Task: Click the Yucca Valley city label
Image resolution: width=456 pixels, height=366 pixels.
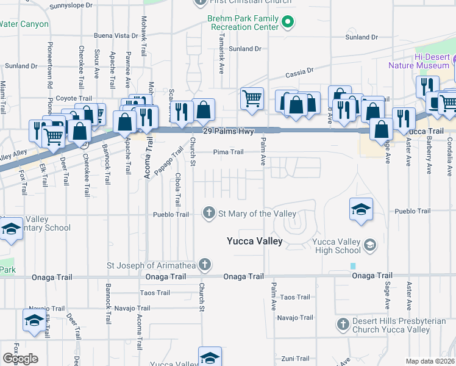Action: click(x=254, y=241)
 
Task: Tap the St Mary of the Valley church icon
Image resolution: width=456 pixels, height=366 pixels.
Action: click(x=208, y=213)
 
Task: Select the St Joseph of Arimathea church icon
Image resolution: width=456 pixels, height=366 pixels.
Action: click(x=205, y=265)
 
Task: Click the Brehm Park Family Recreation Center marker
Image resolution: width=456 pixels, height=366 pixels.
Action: click(x=288, y=23)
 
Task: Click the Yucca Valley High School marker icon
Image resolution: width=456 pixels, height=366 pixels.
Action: click(x=369, y=245)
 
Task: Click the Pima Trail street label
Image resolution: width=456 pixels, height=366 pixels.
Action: click(x=228, y=152)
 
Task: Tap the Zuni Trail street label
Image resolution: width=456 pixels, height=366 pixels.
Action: click(x=295, y=358)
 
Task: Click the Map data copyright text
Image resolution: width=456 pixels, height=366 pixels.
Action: click(x=430, y=361)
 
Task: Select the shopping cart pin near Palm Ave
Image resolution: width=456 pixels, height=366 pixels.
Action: click(x=252, y=98)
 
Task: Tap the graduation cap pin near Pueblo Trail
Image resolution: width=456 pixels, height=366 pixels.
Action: click(x=361, y=209)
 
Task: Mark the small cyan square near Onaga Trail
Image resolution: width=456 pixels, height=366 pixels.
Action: click(x=352, y=266)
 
